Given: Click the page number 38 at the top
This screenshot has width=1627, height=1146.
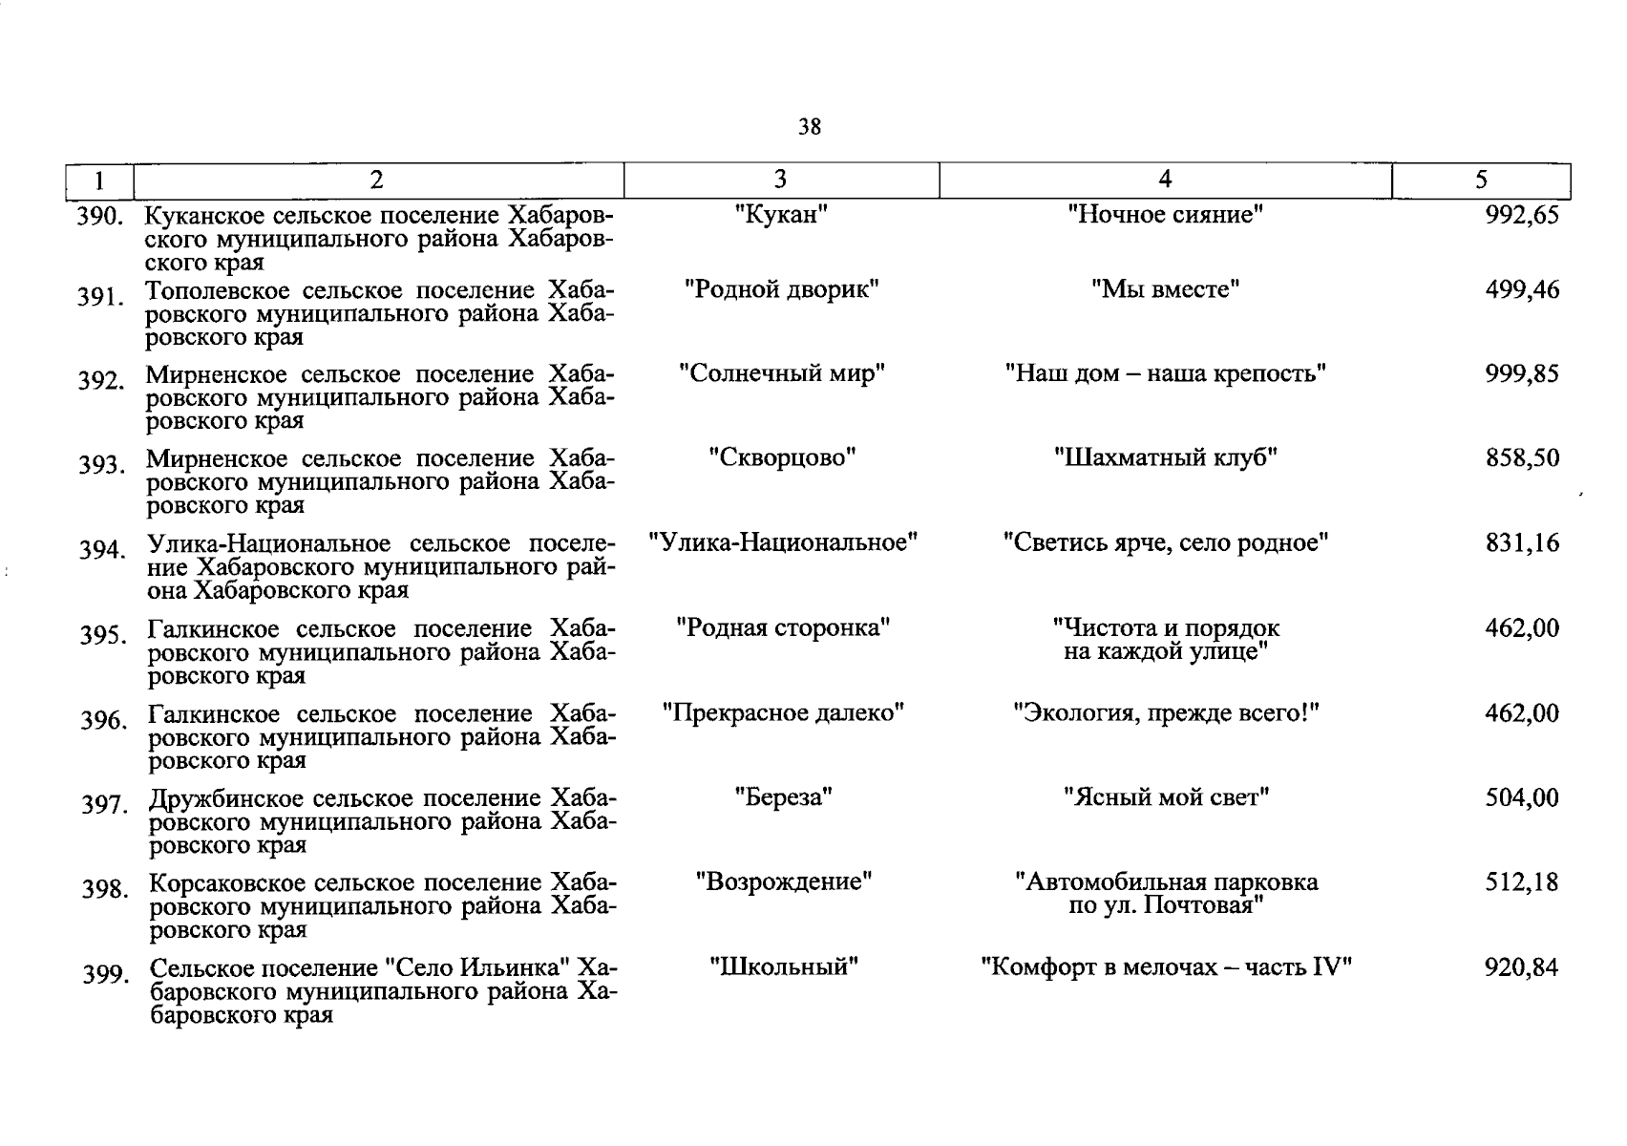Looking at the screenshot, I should pos(809,127).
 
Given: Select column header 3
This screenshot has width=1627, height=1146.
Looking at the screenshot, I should pos(780,180).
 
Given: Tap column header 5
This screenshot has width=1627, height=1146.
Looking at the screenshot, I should pos(1481,180).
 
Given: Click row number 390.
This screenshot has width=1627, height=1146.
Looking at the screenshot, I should pos(99,216).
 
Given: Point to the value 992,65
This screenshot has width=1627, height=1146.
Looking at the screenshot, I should pos(1521,215).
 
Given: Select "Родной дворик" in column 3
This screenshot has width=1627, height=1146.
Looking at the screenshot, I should pos(781,288).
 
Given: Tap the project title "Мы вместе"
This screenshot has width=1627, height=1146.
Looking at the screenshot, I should pos(1165,288).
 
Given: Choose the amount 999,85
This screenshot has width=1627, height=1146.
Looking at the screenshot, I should pos(1521,373).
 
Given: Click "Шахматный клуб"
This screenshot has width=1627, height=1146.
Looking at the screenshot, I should pos(1165,457).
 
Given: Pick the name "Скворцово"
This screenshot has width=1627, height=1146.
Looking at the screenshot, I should pos(781,457).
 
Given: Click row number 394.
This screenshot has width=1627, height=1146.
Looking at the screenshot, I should pos(102,551).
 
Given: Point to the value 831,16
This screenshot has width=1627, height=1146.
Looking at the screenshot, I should pos(1521,543).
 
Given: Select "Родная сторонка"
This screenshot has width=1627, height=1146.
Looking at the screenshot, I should pos(783,628).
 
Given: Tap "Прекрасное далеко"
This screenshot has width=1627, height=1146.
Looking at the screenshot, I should pos(783,712).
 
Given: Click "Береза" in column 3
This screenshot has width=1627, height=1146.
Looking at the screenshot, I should pos(783,796).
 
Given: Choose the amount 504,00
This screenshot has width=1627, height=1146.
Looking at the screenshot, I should pos(1521,796).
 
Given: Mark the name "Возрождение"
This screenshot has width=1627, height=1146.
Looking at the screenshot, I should pos(783,881).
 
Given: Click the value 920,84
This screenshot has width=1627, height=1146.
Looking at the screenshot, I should pos(1521,967).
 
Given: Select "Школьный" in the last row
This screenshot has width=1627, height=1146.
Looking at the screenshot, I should pos(783,966).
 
